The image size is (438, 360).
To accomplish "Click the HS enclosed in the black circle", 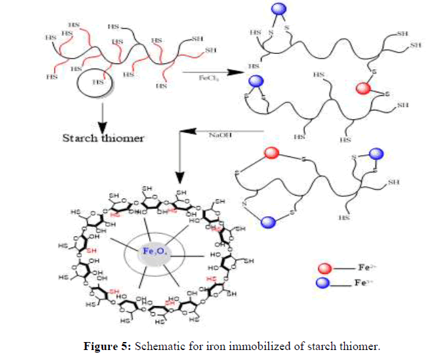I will coord(98,83).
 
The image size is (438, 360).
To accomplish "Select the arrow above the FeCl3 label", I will coord(207,71).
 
